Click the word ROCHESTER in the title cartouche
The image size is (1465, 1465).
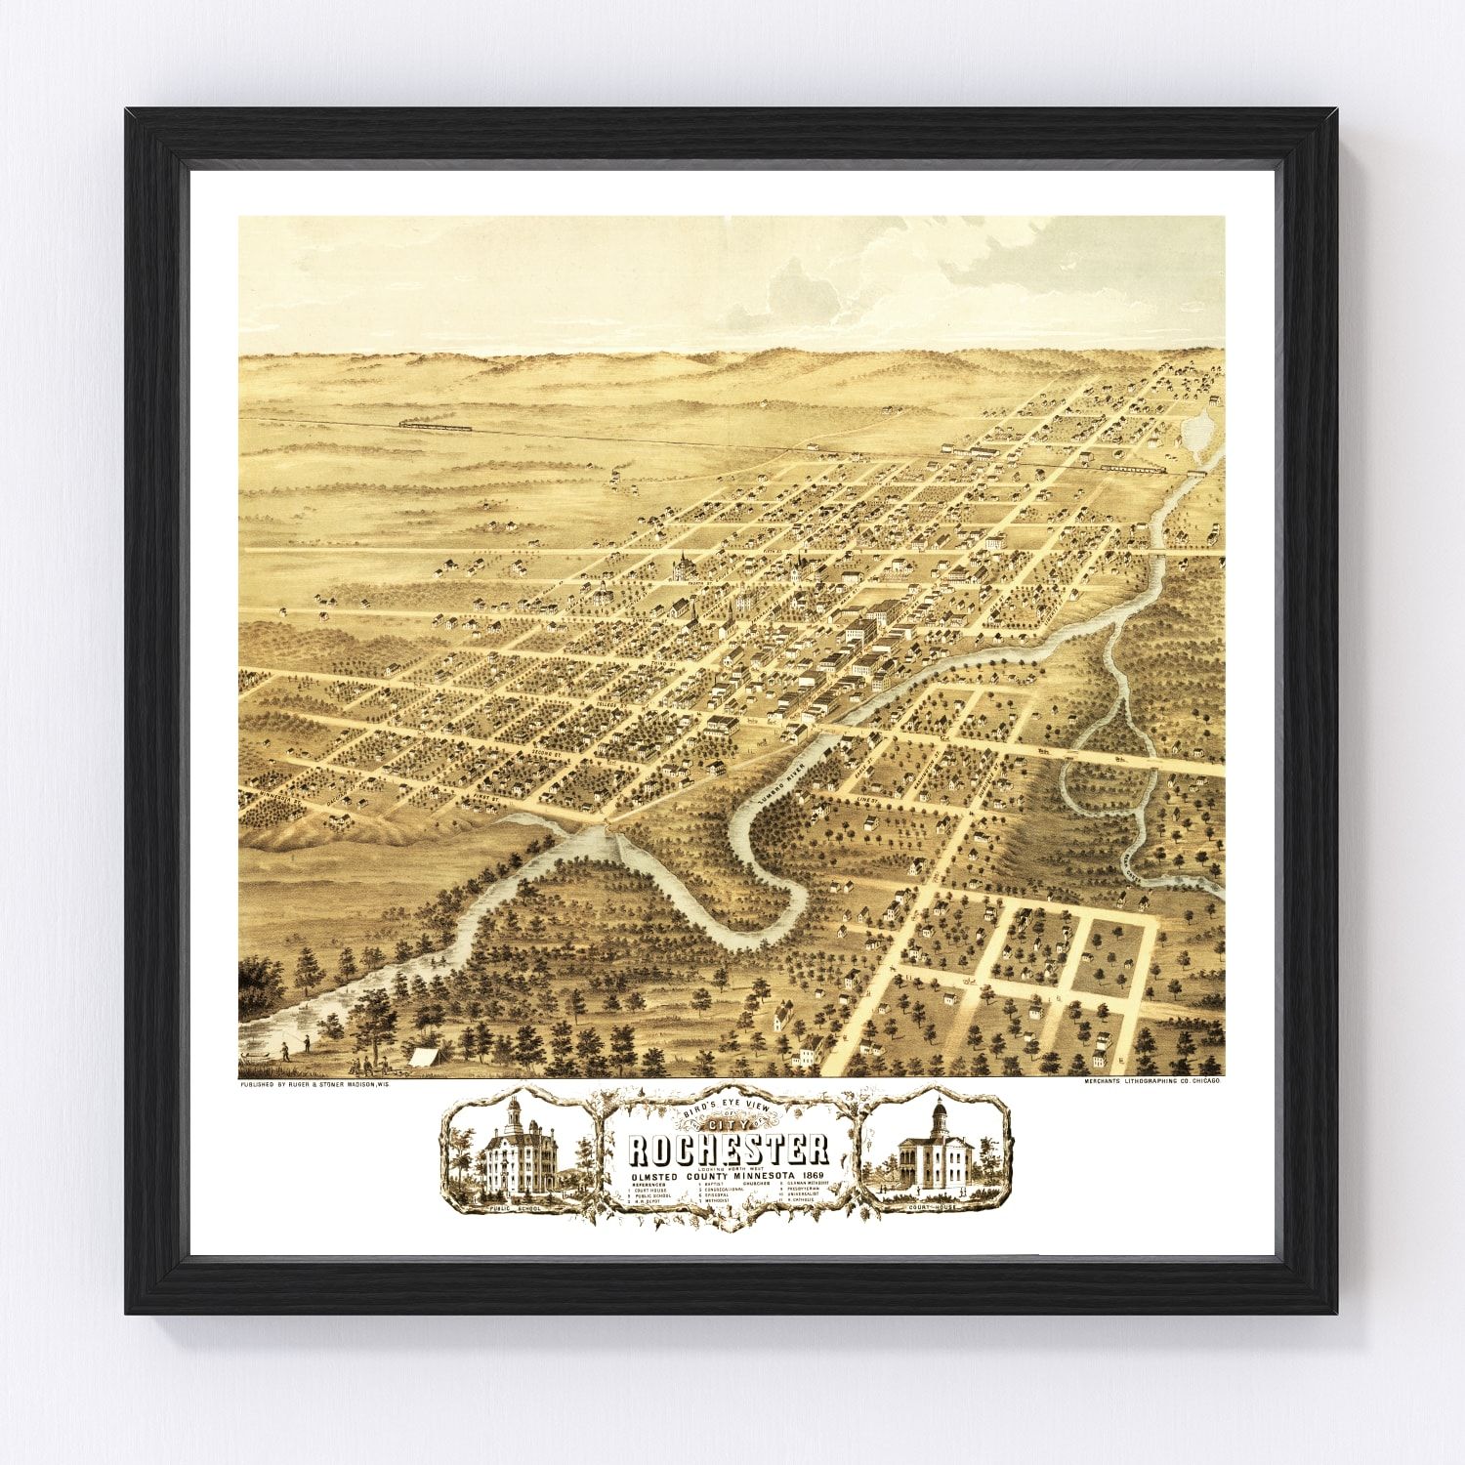tap(728, 1151)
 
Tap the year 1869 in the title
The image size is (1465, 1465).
tap(809, 1173)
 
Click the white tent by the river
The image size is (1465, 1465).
tap(423, 1055)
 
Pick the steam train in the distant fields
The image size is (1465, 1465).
tap(434, 426)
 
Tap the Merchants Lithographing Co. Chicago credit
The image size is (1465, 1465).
tap(1152, 1082)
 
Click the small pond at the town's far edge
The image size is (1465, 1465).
tap(1198, 431)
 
